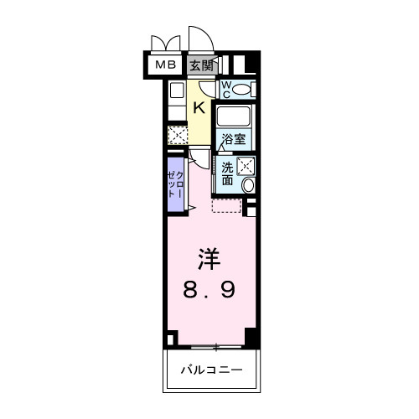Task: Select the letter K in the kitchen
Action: click(199, 106)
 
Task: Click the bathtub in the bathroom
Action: click(235, 115)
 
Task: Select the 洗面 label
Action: click(228, 172)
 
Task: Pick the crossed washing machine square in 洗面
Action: click(246, 165)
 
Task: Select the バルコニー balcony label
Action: click(209, 369)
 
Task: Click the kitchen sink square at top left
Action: click(177, 91)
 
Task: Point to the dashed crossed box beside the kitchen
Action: click(177, 134)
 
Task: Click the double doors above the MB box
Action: click(164, 43)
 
